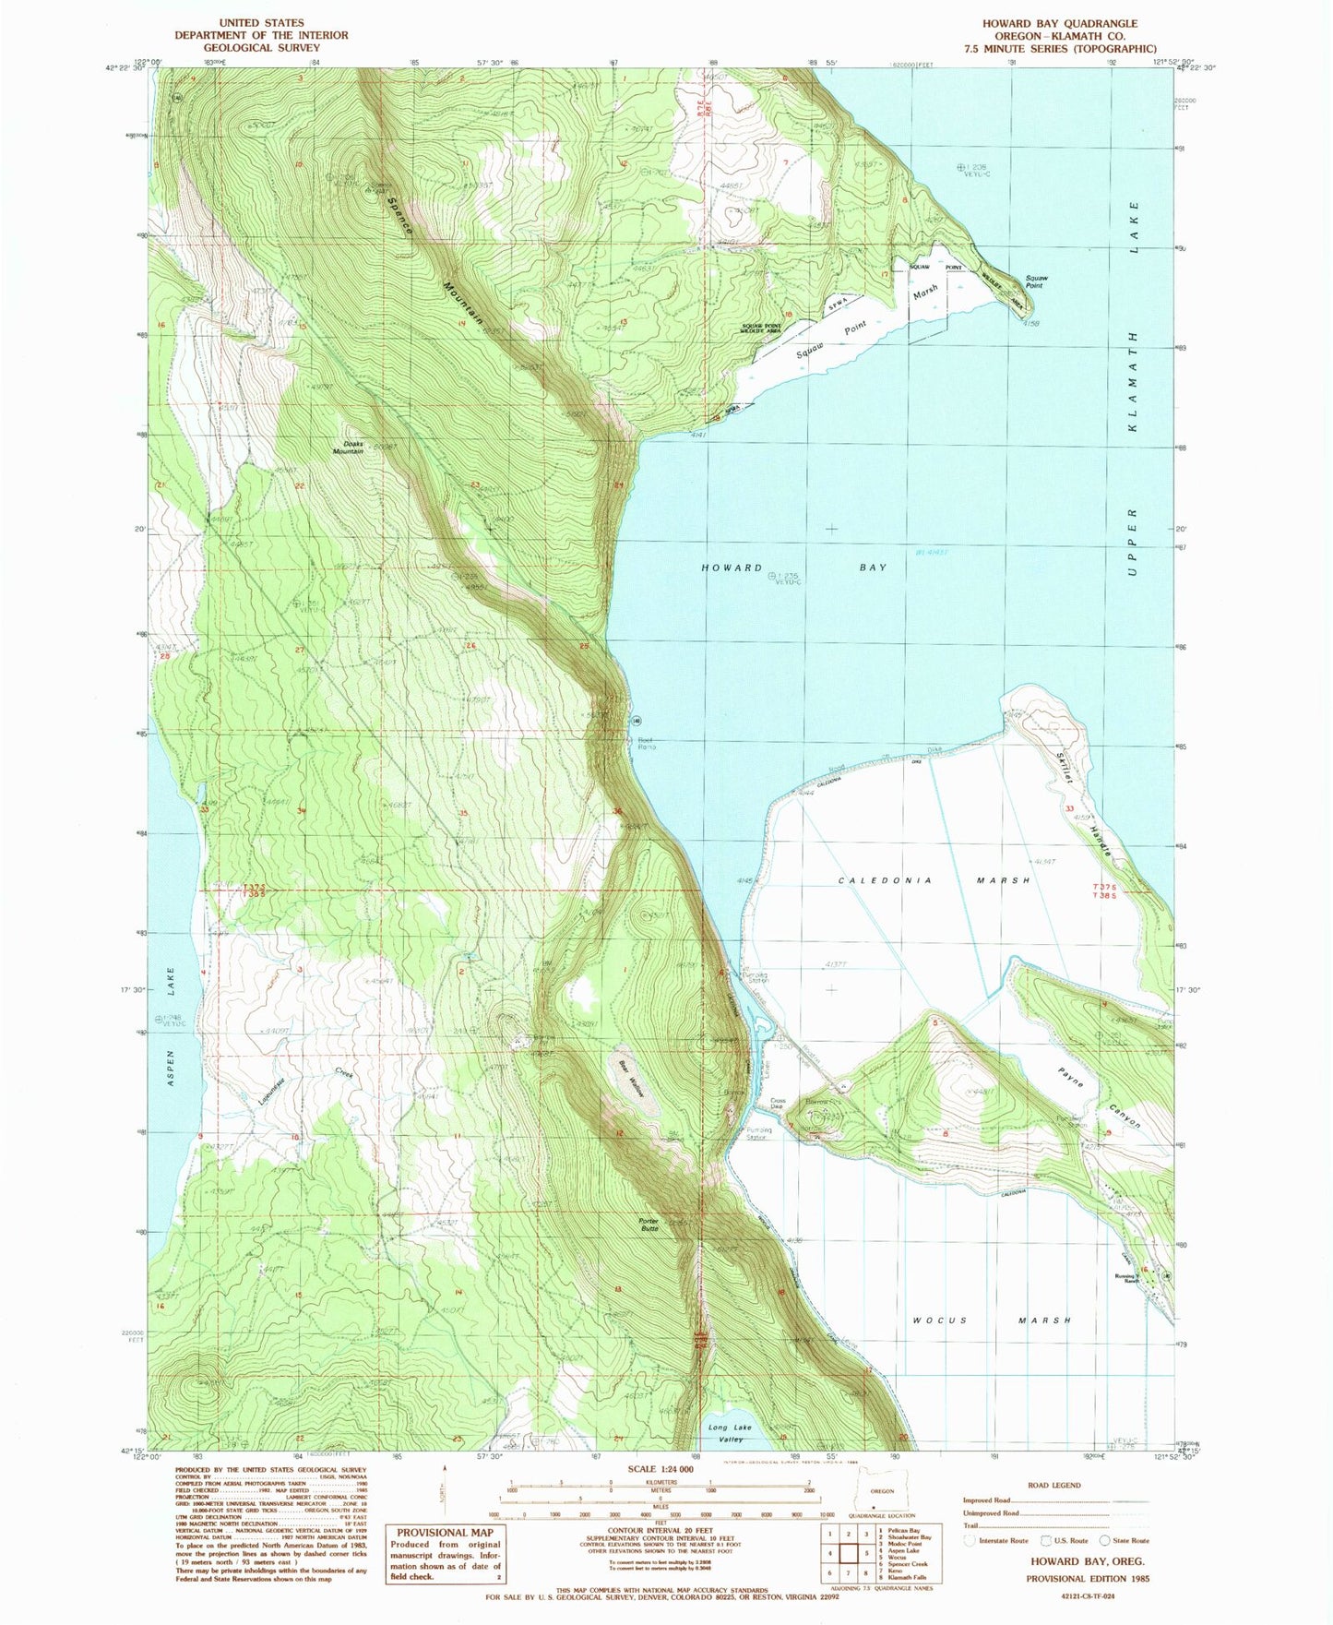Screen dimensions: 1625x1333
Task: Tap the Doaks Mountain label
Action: [x=349, y=447]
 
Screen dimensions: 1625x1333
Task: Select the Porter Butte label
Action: [x=649, y=1225]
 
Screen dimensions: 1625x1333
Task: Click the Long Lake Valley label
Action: [x=729, y=1433]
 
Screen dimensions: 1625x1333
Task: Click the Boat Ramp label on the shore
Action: [x=645, y=743]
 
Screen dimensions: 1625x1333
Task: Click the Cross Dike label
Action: [x=778, y=1104]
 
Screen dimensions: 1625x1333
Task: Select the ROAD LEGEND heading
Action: [x=1053, y=1486]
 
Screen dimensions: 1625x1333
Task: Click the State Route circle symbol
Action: [x=1106, y=1540]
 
